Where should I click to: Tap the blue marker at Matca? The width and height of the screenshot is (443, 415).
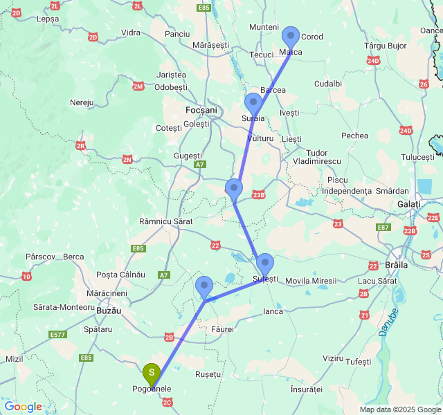coord(291,37)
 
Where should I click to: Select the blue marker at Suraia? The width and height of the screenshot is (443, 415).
coord(253,104)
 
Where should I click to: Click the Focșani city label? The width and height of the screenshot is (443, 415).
coord(201,110)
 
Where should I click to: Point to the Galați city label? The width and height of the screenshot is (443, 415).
coord(408,204)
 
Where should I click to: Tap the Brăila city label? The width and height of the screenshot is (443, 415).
coord(397,265)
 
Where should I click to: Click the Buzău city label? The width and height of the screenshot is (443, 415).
coord(107,311)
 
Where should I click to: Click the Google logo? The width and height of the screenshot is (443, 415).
coord(23,407)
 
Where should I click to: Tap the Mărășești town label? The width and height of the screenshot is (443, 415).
coord(210,45)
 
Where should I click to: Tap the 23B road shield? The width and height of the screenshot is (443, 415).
coord(259,195)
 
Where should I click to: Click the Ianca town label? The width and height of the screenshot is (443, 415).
coord(273,311)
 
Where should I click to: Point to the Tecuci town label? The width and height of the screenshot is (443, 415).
coord(262,55)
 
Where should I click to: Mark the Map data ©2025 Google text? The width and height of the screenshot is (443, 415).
coord(399,409)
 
